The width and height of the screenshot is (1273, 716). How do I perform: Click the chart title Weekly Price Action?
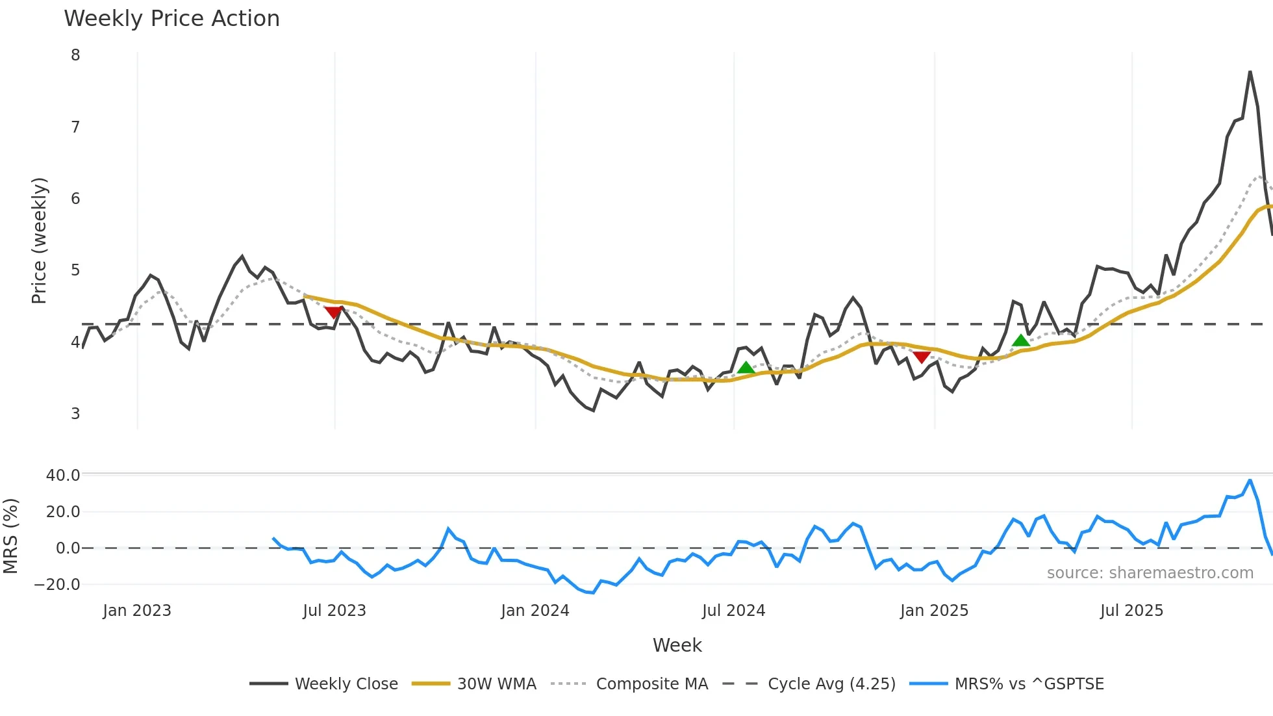tap(171, 19)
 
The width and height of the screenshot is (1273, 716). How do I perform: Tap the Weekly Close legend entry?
tap(346, 684)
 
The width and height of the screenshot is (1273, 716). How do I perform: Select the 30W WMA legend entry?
tap(496, 684)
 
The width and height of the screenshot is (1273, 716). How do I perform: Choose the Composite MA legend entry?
tap(651, 684)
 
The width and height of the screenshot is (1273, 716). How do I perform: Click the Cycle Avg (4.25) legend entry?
tap(831, 684)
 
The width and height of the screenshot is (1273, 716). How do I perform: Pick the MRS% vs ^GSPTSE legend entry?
tap(1029, 684)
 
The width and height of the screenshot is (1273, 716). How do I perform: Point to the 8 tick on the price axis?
tap(76, 55)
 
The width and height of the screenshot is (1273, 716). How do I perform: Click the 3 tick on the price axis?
tap(76, 414)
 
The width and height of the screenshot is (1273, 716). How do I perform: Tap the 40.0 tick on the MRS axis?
tap(63, 476)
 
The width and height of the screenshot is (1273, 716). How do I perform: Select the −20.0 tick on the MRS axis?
tap(58, 585)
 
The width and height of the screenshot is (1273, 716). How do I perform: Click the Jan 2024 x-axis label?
tap(535, 611)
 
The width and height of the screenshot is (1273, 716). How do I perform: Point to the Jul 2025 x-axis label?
tap(1131, 611)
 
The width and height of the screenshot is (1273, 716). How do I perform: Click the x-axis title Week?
tap(677, 645)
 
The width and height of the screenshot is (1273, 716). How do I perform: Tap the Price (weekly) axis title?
tap(40, 240)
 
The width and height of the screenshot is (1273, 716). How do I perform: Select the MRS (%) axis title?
tap(11, 536)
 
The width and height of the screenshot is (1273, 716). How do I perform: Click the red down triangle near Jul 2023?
tap(333, 313)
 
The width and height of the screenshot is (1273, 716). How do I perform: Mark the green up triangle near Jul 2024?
tap(746, 368)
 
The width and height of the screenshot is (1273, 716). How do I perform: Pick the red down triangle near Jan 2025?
tap(921, 357)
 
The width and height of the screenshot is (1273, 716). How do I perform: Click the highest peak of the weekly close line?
tap(1250, 72)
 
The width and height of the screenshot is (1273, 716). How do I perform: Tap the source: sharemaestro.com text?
tap(1150, 573)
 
